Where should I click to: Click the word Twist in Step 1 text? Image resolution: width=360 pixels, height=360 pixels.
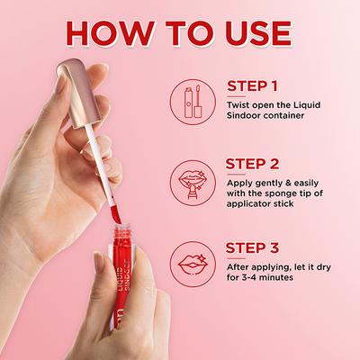240,104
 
